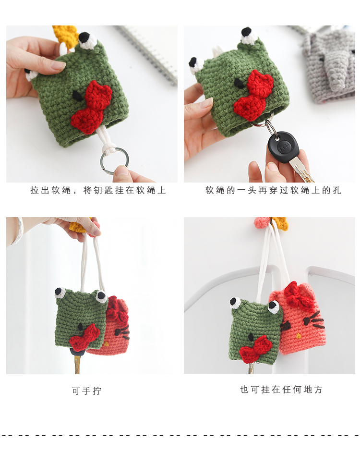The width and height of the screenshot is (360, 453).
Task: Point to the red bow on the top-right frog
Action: click(254, 95)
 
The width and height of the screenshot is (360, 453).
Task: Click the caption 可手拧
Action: click(86, 391)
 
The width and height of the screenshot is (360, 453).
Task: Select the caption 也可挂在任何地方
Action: click(281, 390)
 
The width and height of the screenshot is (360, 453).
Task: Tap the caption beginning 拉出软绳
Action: click(98, 190)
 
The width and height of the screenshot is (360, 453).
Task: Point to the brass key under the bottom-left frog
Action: click(77, 364)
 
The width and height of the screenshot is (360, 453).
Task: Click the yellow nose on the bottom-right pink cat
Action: click(298, 336)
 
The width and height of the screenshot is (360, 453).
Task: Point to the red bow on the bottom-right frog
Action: click(255, 349)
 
